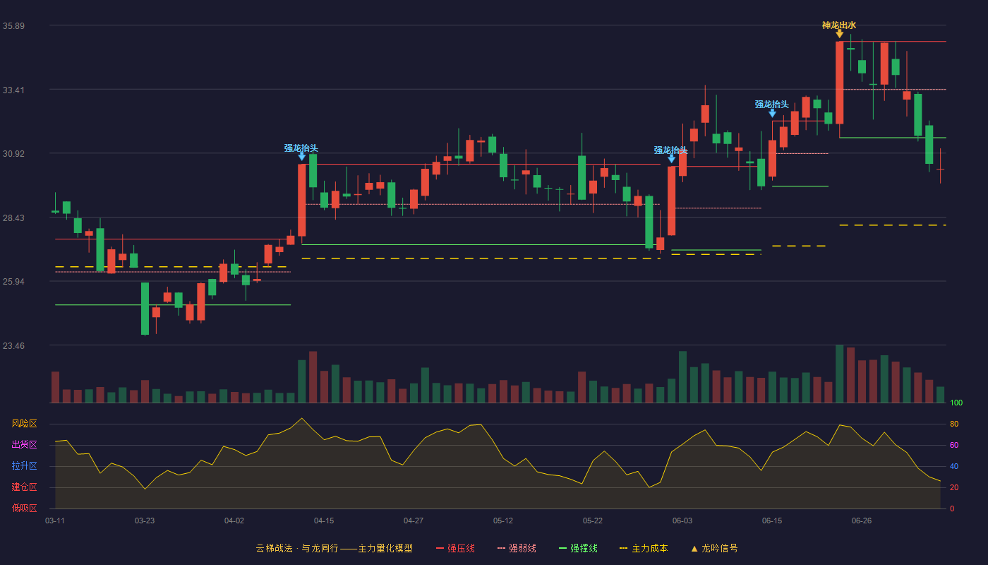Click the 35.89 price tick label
tap(13, 25)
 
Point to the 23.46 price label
tap(13, 345)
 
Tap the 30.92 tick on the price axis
tap(13, 154)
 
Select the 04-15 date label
tap(324, 521)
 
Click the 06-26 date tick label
tap(862, 521)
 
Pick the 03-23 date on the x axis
tap(145, 521)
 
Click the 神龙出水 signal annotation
tap(839, 25)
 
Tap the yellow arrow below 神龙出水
tap(839, 34)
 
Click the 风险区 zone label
tap(24, 424)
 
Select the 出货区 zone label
tap(24, 444)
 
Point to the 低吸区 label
tap(24, 508)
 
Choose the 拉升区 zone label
tap(24, 465)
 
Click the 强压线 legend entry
tap(455, 548)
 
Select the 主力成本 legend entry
tap(644, 548)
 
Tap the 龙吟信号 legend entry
tap(714, 548)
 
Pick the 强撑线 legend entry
tap(578, 548)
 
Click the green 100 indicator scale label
tap(956, 403)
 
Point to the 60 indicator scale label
tap(954, 445)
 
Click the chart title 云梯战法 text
tap(275, 548)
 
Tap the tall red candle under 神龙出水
tap(839, 83)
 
